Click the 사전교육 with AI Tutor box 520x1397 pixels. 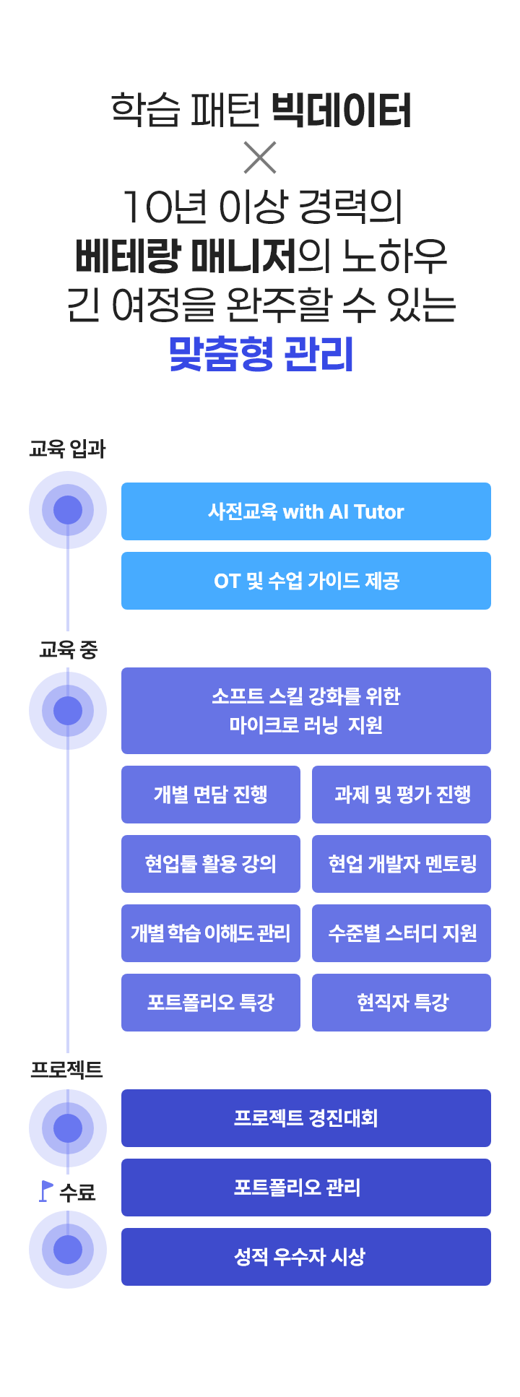point(306,511)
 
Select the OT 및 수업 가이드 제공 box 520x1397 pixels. point(306,581)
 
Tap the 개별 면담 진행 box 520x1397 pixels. point(211,795)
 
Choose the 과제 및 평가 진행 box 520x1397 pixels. point(402,795)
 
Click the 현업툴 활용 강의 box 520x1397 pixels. point(211,864)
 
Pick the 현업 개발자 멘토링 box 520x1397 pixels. point(402,864)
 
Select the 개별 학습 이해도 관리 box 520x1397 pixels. point(211,933)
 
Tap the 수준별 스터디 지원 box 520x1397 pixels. point(402,933)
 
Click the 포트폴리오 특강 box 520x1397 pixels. point(211,1003)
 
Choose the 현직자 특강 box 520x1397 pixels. point(402,1003)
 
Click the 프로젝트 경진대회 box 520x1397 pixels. point(306,1118)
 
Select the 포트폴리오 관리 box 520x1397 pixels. point(306,1188)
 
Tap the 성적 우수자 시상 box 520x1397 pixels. point(306,1257)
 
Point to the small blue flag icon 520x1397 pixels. point(46,1191)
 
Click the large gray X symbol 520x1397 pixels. point(260,157)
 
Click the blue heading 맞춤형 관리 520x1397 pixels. point(261,354)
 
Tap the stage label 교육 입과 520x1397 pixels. point(67,449)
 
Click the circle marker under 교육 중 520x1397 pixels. point(68,711)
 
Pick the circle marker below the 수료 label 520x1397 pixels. point(68,1250)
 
